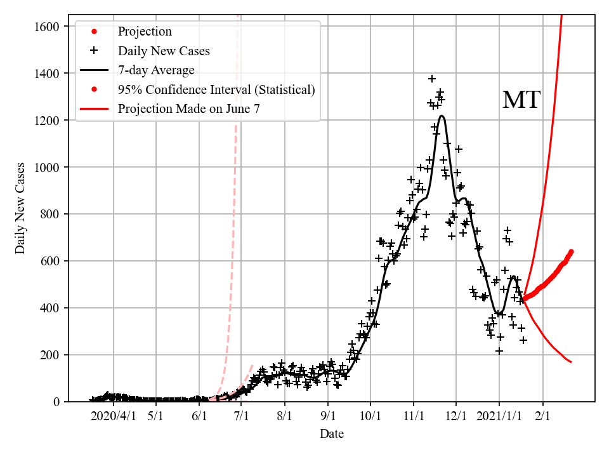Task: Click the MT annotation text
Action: (x=521, y=100)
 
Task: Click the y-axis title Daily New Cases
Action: (x=21, y=208)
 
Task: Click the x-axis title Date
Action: (x=332, y=434)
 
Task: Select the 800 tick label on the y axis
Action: (x=50, y=215)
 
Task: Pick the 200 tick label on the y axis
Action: (x=50, y=355)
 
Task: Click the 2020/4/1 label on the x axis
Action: (x=113, y=416)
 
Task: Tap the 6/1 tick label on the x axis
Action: (x=199, y=416)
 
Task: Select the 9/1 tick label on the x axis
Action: (x=328, y=416)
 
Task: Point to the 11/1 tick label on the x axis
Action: (x=414, y=416)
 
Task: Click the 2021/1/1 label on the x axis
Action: (x=499, y=416)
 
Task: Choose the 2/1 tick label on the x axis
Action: (x=542, y=416)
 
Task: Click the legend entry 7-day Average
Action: (x=156, y=70)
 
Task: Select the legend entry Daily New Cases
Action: (x=164, y=51)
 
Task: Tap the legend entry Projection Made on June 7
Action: (x=188, y=109)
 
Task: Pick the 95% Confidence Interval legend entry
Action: (x=216, y=89)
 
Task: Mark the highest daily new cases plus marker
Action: (x=432, y=79)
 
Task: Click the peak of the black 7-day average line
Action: (x=442, y=116)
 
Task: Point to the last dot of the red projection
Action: (x=571, y=252)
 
